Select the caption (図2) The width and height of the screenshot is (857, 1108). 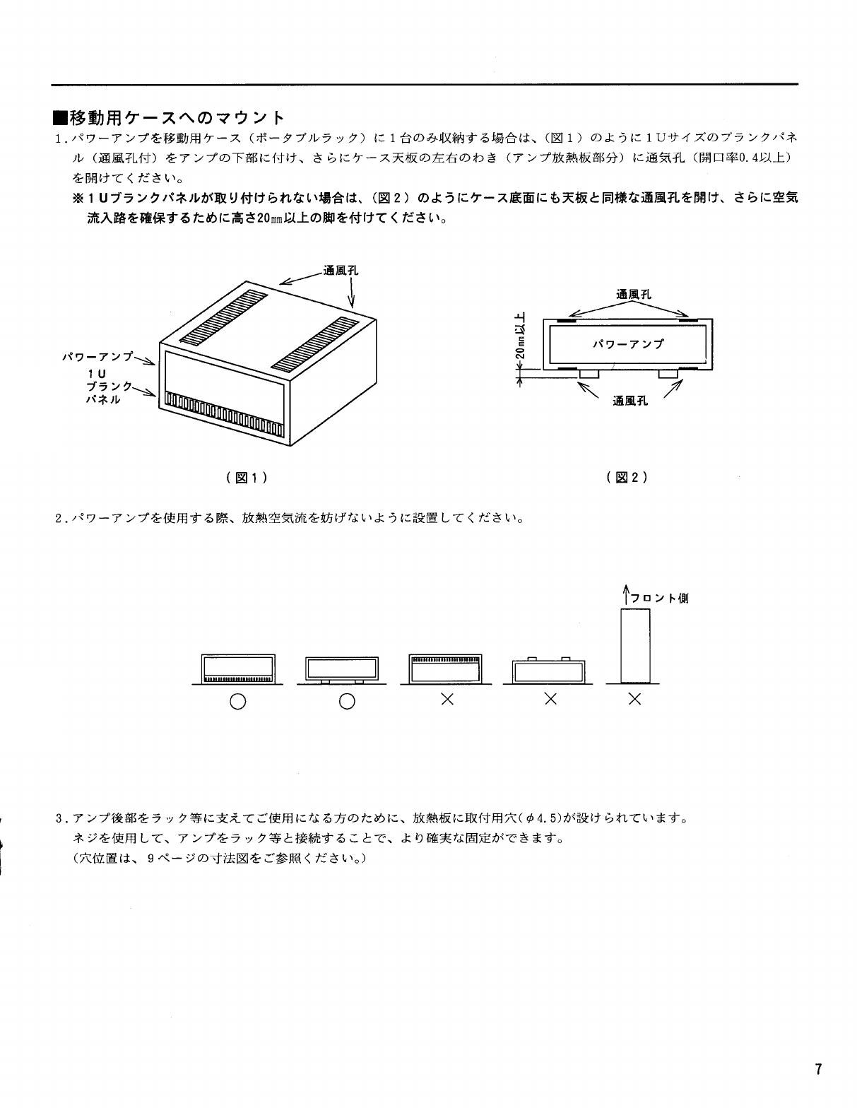pos(627,477)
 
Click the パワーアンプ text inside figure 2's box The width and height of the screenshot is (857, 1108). pos(627,344)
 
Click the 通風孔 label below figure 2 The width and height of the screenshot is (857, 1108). pos(630,401)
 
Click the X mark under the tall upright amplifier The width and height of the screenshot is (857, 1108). pos(634,699)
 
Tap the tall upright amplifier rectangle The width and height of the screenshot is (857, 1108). pos(634,646)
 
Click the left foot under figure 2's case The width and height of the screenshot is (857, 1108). pos(589,373)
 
